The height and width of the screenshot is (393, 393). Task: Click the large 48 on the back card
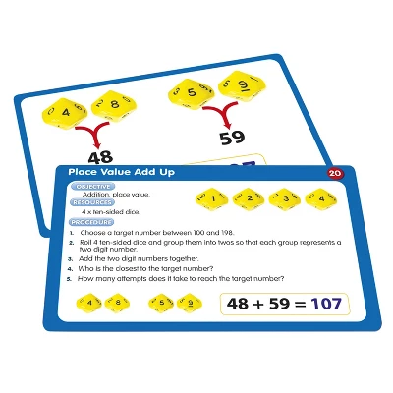(x=100, y=156)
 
